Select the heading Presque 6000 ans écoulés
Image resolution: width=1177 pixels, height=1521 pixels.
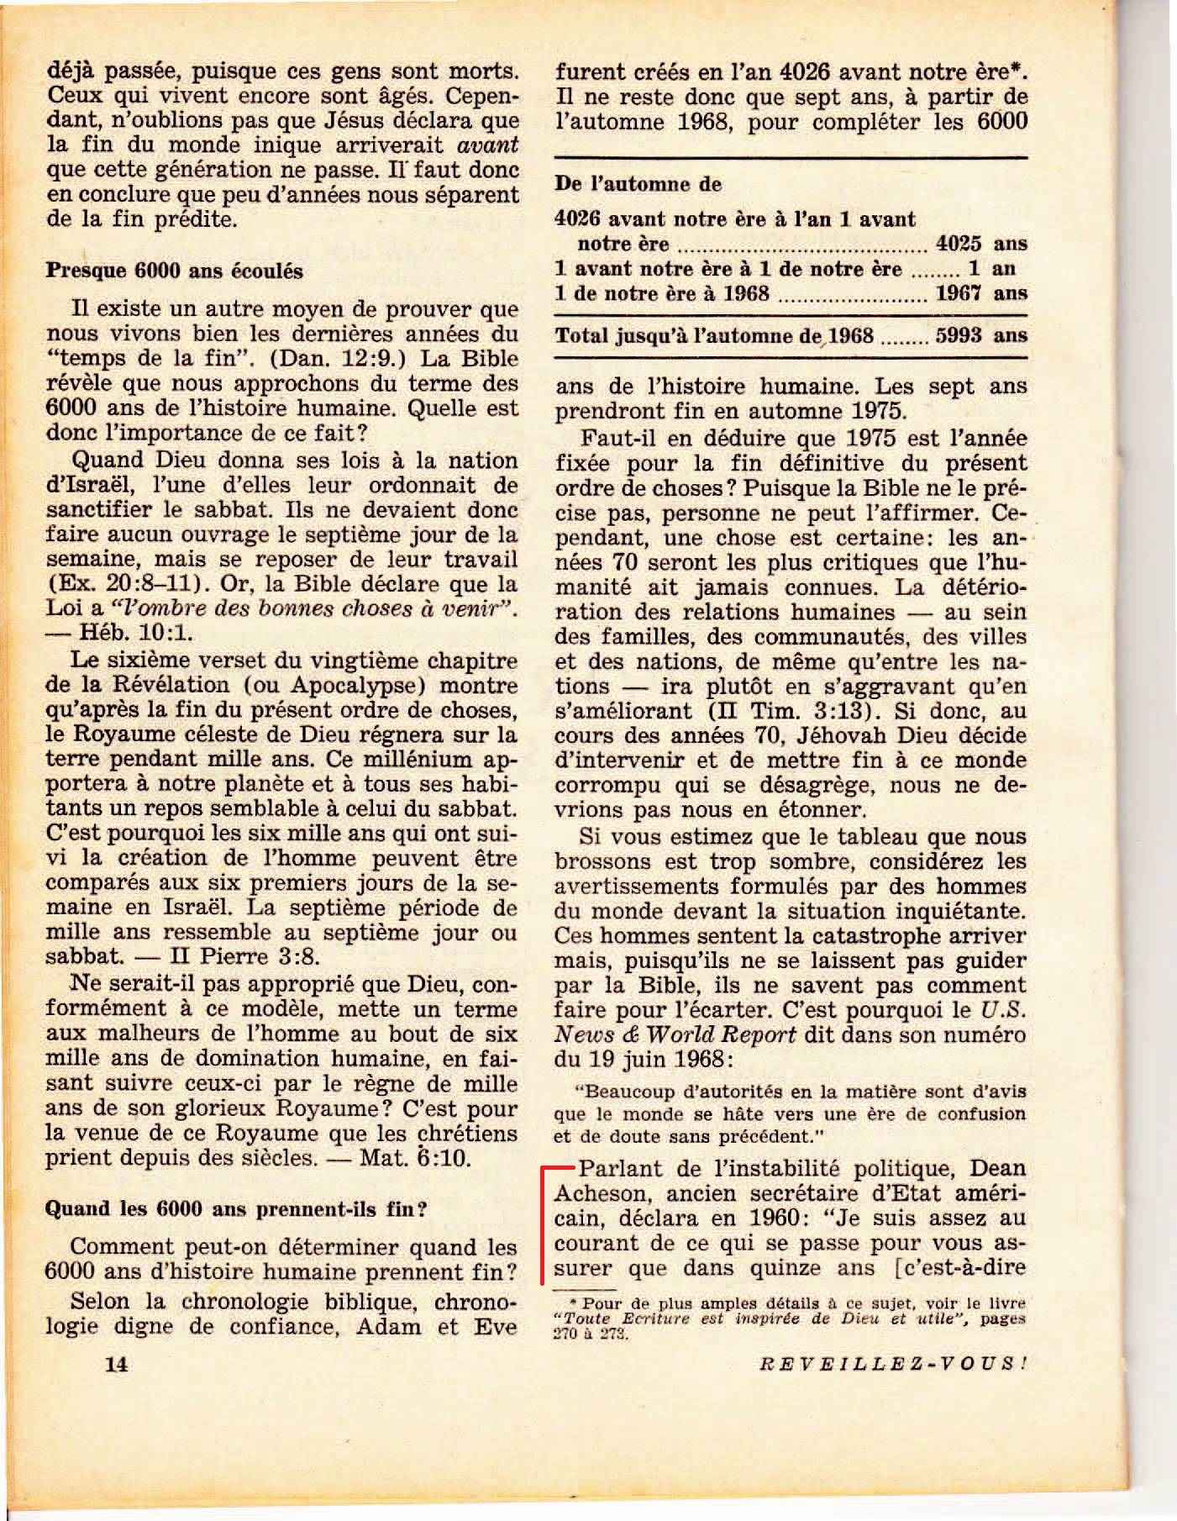[x=174, y=271]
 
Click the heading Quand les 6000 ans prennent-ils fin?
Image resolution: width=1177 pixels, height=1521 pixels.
[x=236, y=1209]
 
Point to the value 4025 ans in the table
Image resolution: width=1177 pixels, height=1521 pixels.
[x=981, y=245]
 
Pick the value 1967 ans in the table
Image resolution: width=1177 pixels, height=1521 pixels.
[x=981, y=293]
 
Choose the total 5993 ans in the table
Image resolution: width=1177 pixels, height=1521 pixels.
[x=981, y=335]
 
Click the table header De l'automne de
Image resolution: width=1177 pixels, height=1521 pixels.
[x=638, y=184]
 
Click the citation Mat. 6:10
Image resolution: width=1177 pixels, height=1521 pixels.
[x=415, y=1158]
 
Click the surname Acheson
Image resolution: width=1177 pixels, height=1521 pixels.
[x=599, y=1193]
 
